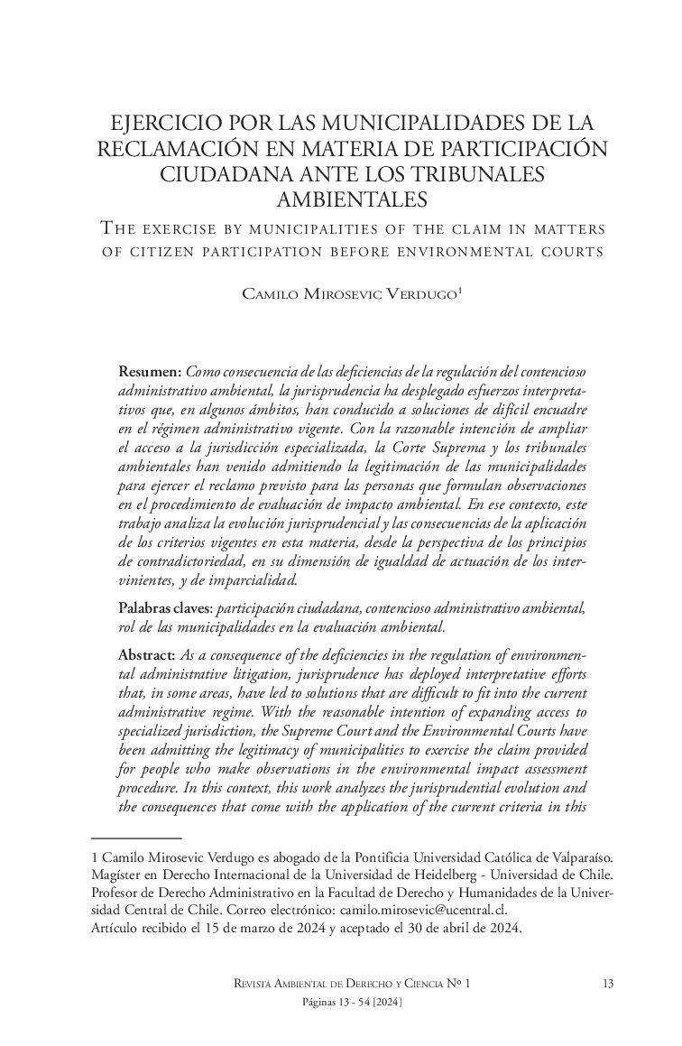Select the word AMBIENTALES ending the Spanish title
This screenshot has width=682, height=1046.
(x=340, y=197)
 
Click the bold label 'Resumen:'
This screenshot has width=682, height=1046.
(x=151, y=372)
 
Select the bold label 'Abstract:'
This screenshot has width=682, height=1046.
(x=147, y=653)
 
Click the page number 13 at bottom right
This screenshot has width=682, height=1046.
(x=607, y=985)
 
